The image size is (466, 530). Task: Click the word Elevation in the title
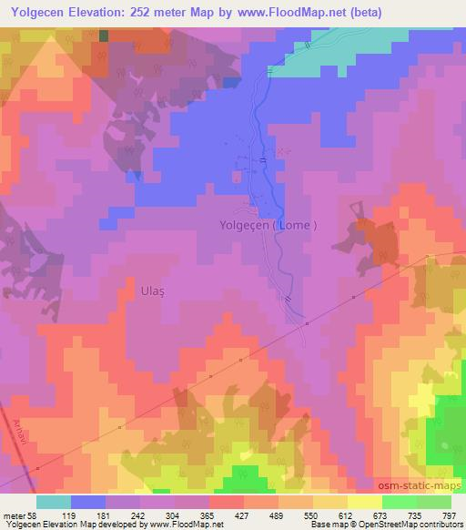102,12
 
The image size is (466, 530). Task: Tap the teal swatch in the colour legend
54,502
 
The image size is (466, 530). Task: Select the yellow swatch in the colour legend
365,502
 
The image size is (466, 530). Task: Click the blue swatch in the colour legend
88,502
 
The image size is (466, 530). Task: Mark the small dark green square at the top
103,35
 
